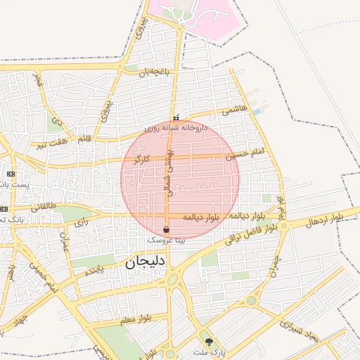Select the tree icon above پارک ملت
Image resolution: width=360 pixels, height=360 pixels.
point(208,341)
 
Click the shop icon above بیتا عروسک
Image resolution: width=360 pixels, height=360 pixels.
point(166,230)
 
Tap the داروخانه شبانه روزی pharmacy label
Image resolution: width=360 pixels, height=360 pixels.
point(176,128)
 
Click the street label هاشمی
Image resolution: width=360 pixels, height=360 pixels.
point(234,110)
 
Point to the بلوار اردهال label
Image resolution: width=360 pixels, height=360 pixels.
point(325,219)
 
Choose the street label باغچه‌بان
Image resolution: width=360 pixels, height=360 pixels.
point(154,72)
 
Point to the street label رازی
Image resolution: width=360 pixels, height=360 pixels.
point(82,224)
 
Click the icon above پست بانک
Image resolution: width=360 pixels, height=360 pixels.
point(11,174)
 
